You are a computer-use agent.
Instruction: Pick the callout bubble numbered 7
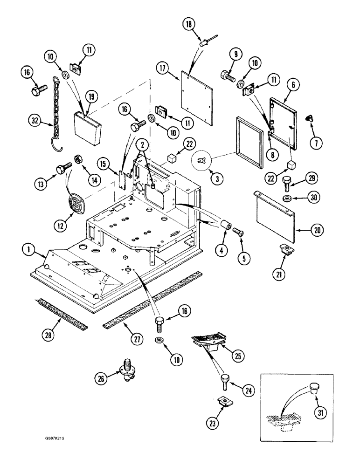316,144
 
